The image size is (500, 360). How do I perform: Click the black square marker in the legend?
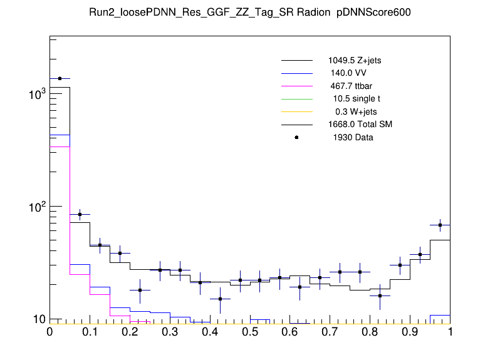tap(296, 137)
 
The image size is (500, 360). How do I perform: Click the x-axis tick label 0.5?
tap(250, 331)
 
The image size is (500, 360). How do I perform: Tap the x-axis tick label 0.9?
tap(410, 331)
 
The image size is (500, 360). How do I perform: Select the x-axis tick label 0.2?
tap(130, 331)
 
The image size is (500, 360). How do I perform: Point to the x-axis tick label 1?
tap(450, 331)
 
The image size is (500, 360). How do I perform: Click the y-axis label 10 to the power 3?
tap(36, 94)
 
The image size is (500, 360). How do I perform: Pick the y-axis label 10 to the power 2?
tap(36, 207)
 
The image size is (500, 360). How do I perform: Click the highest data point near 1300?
tap(60, 79)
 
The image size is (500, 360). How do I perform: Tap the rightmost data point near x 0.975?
tap(440, 225)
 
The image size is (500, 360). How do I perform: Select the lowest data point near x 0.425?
tap(220, 299)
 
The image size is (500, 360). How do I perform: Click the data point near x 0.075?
tap(80, 214)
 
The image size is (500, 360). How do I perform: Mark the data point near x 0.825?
tap(380, 296)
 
